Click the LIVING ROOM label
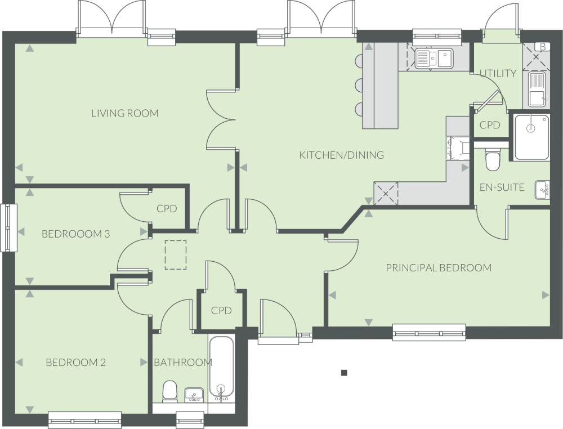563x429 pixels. click(x=125, y=113)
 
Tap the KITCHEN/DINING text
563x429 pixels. click(x=342, y=155)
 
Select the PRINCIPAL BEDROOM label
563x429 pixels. click(x=439, y=268)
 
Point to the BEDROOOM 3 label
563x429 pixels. click(x=76, y=234)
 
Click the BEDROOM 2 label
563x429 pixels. click(x=76, y=363)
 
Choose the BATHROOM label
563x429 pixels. click(x=183, y=363)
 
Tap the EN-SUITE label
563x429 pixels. click(x=502, y=187)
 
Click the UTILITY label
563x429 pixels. click(x=498, y=74)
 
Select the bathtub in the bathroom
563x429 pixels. click(x=221, y=369)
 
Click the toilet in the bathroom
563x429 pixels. click(x=169, y=391)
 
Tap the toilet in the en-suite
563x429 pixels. click(x=492, y=160)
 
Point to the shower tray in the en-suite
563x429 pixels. click(x=531, y=137)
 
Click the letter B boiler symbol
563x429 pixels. click(x=543, y=47)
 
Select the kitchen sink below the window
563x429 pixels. click(x=434, y=59)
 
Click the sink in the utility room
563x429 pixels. click(x=537, y=90)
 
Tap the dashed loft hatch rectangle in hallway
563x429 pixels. click(x=176, y=255)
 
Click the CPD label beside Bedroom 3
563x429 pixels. click(x=167, y=208)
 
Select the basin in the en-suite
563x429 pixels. click(x=542, y=190)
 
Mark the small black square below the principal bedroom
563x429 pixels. click(x=344, y=373)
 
